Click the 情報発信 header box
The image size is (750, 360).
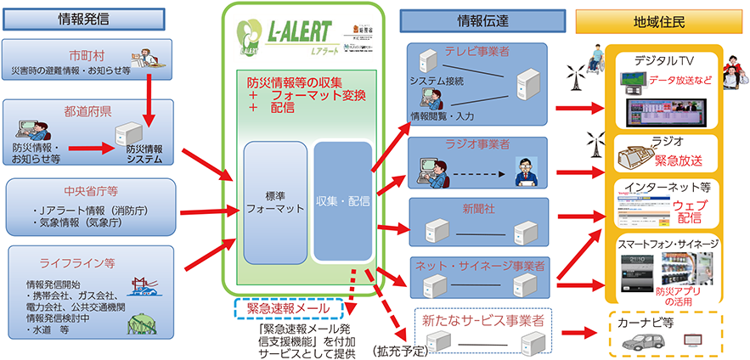pos(88,18)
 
